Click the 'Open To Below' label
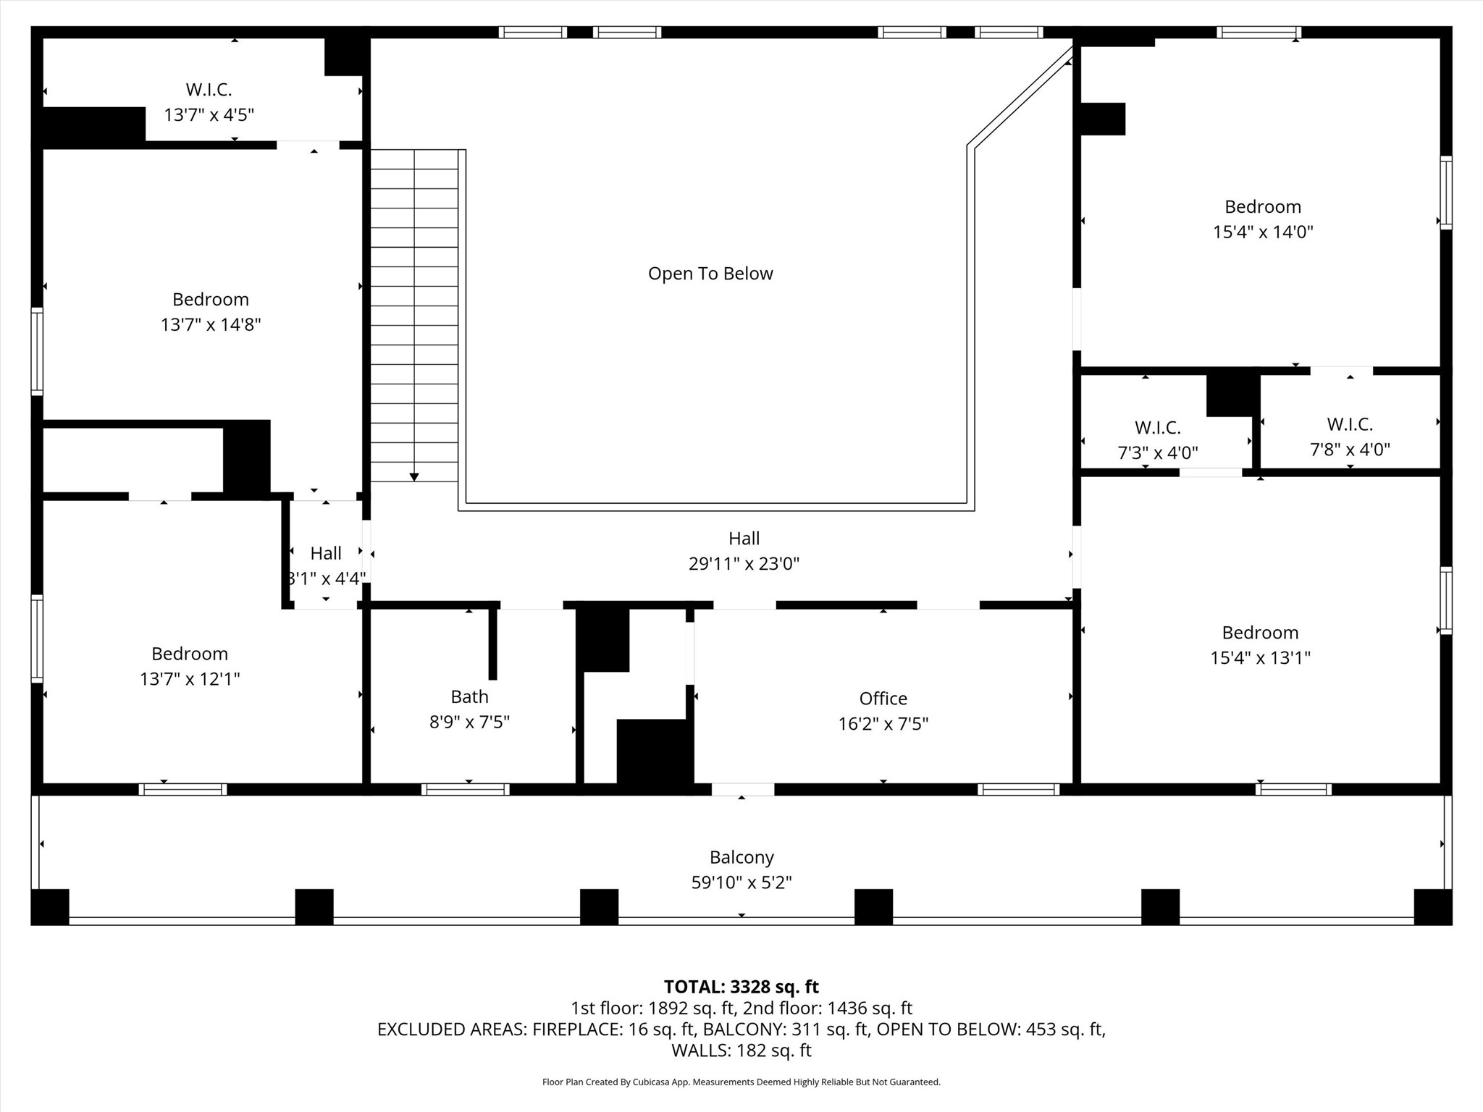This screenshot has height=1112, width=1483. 710,274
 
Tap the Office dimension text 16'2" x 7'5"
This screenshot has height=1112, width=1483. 883,724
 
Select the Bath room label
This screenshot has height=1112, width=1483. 469,696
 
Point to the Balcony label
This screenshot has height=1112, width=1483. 741,857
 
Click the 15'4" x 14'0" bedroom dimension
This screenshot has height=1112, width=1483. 1263,232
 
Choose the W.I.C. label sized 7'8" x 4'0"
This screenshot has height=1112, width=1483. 1350,424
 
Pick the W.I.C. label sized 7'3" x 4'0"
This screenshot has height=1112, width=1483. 1157,428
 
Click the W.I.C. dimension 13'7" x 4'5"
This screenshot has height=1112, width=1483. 209,115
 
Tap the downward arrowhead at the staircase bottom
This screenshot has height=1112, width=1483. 413,476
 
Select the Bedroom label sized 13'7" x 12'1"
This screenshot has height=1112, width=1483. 190,654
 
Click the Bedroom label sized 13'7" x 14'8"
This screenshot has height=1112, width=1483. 210,299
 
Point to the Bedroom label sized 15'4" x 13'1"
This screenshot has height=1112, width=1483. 1260,633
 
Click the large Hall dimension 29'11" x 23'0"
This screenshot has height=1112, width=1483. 744,564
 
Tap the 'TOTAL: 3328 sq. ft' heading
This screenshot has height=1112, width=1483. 741,987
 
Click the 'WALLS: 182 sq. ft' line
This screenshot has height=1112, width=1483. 741,1050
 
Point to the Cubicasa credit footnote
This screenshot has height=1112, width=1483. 741,1082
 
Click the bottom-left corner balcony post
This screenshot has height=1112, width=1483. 50,906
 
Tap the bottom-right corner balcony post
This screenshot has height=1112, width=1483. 1432,906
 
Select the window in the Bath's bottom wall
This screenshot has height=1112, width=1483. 465,789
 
